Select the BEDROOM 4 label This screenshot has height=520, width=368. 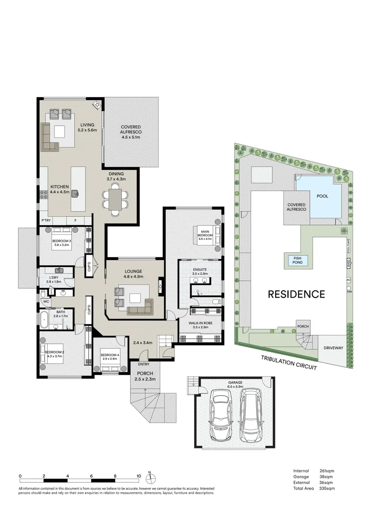click(x=109, y=357)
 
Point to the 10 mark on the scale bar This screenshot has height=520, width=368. click(x=139, y=476)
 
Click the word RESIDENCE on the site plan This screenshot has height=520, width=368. click(x=296, y=294)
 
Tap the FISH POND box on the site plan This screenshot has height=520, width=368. click(x=295, y=260)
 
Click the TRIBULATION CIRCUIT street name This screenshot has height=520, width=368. click(x=289, y=361)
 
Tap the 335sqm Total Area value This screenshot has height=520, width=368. click(x=327, y=488)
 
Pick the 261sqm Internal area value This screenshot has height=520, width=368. click(x=327, y=471)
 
